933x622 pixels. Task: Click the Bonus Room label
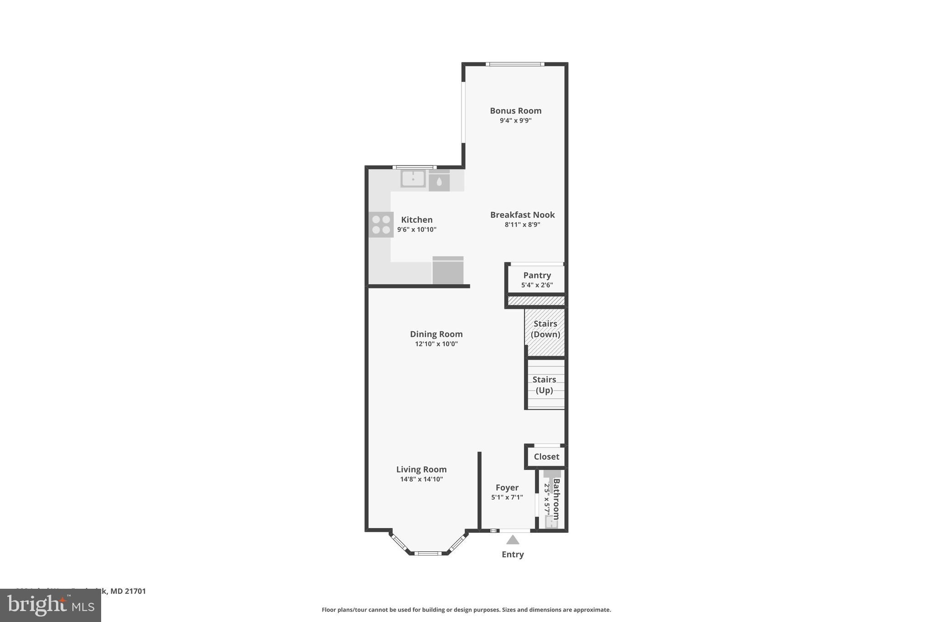(515, 111)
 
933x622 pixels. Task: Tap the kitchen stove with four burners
(381, 225)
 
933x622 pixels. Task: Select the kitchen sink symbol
(413, 179)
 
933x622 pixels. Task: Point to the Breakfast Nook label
(522, 215)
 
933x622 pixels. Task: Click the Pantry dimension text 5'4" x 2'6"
(537, 285)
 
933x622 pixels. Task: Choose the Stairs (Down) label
(545, 329)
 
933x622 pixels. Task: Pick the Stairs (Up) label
(544, 385)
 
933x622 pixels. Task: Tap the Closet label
(546, 457)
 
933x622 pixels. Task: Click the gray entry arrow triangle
(513, 540)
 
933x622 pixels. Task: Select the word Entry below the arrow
(513, 555)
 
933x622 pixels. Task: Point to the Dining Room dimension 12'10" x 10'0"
(436, 344)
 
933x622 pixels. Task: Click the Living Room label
(421, 469)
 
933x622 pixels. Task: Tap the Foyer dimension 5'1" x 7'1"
(507, 498)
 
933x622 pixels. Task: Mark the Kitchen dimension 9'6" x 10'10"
(416, 230)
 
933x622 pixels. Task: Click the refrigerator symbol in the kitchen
(448, 271)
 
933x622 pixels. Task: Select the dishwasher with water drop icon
(439, 181)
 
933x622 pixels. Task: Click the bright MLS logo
(51, 606)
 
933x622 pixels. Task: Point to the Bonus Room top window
(515, 64)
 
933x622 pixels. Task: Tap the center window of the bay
(428, 553)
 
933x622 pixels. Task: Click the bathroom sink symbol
(551, 522)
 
